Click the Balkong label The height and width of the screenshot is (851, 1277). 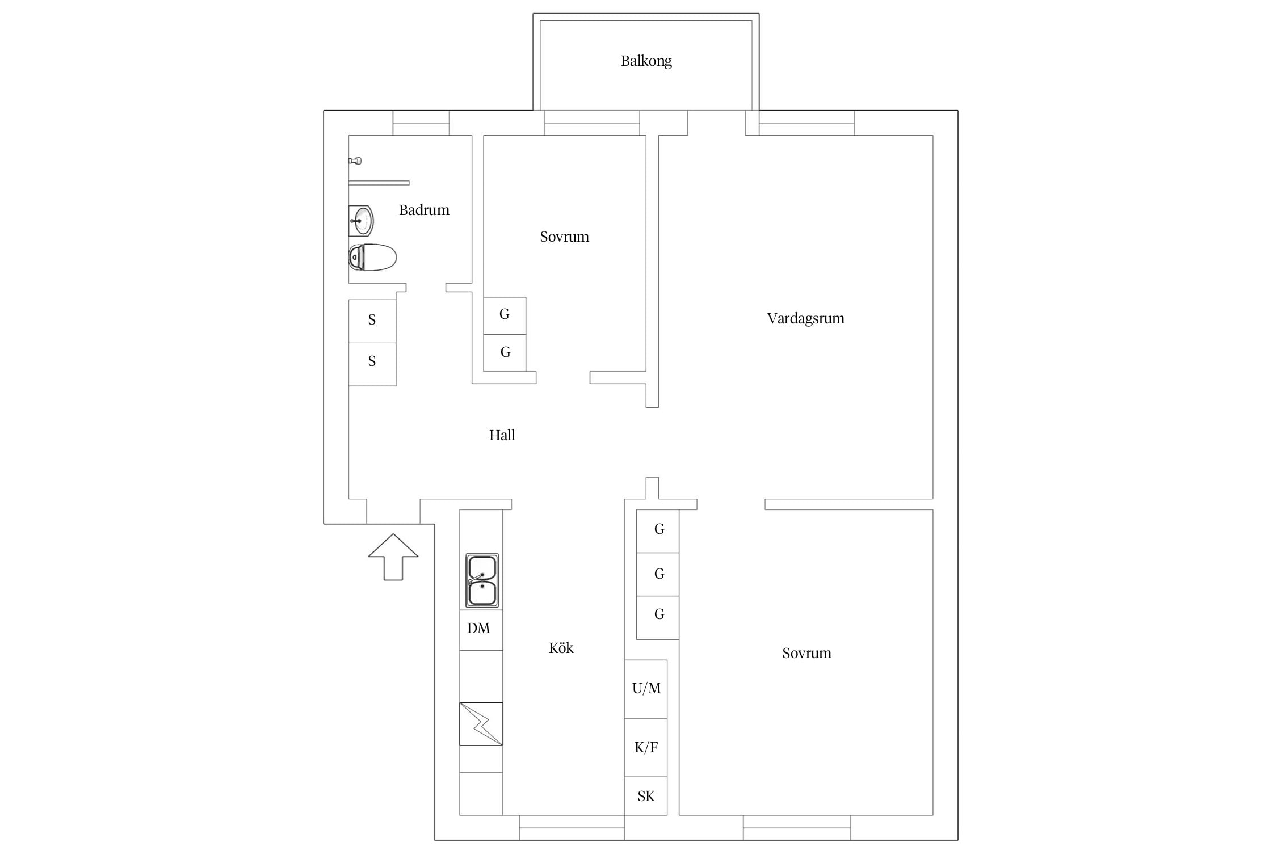[646, 61]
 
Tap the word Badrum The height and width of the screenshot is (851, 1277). [424, 210]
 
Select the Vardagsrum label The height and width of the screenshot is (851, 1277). [805, 318]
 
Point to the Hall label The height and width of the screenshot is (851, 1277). [502, 435]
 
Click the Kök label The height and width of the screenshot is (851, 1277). [561, 647]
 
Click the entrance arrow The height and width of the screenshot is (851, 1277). [393, 557]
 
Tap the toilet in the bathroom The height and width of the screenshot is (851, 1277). [372, 258]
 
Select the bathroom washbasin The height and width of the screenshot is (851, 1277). [360, 221]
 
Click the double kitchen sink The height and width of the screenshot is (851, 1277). [482, 581]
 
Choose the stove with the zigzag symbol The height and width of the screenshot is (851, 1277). [481, 724]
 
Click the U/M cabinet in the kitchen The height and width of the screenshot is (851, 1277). [646, 689]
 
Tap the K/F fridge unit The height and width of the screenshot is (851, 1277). [646, 747]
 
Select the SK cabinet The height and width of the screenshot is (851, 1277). [646, 796]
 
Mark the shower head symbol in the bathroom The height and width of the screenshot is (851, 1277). [355, 161]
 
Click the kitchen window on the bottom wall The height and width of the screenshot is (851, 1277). [572, 828]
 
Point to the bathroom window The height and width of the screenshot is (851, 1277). [421, 123]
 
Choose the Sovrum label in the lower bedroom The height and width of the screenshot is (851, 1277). [806, 653]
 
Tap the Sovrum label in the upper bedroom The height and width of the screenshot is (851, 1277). [564, 237]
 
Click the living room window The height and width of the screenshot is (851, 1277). [806, 123]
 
